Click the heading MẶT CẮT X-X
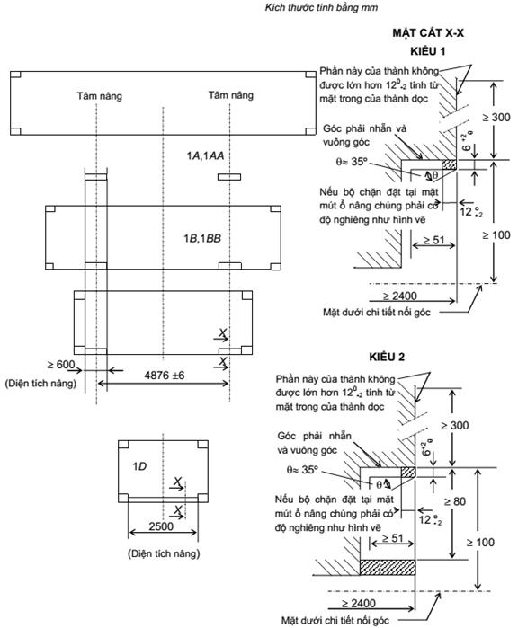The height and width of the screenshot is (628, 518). [428, 32]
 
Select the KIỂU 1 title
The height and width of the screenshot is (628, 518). [427, 51]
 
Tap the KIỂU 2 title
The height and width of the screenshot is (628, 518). [387, 357]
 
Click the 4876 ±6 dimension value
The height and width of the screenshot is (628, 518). [165, 376]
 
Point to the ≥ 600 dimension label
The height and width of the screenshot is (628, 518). [61, 365]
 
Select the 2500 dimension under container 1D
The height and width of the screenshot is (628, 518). [161, 526]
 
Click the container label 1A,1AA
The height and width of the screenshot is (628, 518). [205, 155]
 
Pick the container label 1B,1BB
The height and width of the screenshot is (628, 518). [202, 238]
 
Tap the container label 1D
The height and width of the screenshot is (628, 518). [139, 466]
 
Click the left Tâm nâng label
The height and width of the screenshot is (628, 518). [100, 96]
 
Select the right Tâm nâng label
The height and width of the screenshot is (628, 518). [230, 95]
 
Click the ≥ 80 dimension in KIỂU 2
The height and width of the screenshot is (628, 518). [455, 501]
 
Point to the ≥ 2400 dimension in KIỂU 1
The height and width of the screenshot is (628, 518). [399, 296]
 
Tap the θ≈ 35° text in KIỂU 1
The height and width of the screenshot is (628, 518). [352, 162]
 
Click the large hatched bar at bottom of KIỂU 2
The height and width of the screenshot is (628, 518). [388, 568]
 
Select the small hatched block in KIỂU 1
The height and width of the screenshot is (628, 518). [450, 164]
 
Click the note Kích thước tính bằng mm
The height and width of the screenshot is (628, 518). [321, 7]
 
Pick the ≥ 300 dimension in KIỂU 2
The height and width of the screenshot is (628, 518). [455, 425]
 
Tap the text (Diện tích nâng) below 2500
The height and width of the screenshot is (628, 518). [164, 553]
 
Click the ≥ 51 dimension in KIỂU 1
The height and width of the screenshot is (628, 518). [433, 240]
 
